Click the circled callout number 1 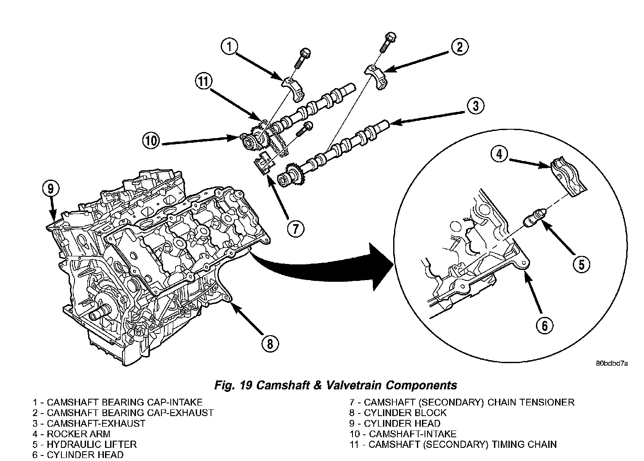(229, 47)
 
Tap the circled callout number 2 (460, 47)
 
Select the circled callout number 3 (476, 106)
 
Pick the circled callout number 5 (581, 265)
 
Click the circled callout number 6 (545, 325)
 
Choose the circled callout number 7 (295, 229)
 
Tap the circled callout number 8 (270, 343)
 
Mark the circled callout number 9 (50, 189)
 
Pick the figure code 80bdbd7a (612, 363)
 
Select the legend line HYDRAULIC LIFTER (85, 444)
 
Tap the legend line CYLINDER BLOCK (398, 413)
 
